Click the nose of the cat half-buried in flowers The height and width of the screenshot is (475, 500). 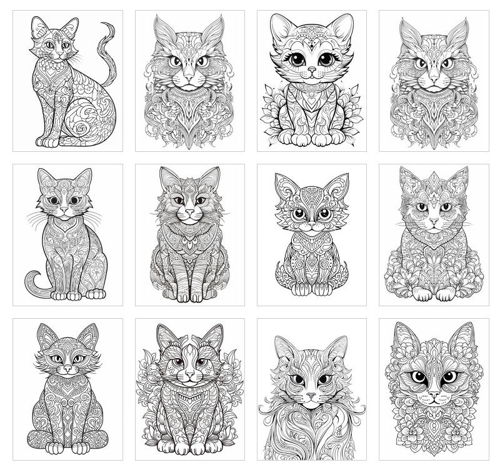(433, 221)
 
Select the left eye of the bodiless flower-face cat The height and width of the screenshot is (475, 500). (417, 377)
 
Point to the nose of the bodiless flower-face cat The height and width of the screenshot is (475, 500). (432, 395)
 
